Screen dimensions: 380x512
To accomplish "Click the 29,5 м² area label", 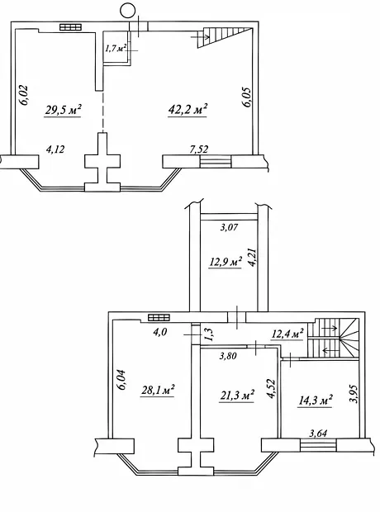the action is point(63,110).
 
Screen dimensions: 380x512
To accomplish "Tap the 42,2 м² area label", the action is point(188,109).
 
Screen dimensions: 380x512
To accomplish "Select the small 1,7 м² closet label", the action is point(116,49).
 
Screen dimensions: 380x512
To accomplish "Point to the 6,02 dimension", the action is point(24,95).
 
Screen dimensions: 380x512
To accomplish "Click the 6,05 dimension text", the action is point(246,97).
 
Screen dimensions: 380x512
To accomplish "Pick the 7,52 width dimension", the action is point(198,149).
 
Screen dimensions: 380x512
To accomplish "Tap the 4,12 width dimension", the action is point(55,149).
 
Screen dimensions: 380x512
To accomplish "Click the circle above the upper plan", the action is point(128,11).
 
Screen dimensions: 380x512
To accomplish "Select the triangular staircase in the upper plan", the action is point(226,37).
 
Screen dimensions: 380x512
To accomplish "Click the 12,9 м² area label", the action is point(226,263).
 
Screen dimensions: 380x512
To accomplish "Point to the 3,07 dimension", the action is point(229,227).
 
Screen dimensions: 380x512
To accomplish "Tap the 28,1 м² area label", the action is point(158,390).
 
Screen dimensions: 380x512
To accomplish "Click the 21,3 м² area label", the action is point(237,395).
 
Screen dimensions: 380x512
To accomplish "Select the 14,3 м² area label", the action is point(315,401).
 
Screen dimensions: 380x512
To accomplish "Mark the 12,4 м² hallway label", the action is point(287,334).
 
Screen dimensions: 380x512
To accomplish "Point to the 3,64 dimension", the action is point(318,434).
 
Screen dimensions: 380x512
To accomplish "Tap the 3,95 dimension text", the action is point(354,394).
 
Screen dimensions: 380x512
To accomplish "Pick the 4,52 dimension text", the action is point(270,389).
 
